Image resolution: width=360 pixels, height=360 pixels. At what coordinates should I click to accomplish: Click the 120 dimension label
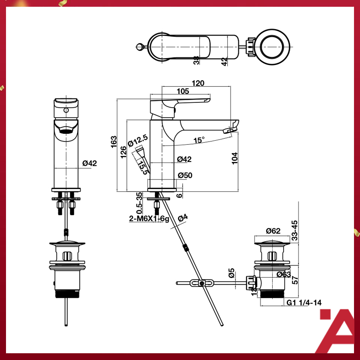click(x=198, y=83)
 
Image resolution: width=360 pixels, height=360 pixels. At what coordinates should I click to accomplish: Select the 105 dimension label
click(x=183, y=91)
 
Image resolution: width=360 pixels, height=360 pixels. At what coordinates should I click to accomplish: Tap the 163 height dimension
click(x=114, y=142)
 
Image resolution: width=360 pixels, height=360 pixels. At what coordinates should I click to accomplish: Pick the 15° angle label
click(x=199, y=140)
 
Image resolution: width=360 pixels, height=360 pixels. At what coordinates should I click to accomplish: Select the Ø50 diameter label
click(x=185, y=175)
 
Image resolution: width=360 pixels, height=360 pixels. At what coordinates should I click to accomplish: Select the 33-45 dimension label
click(x=295, y=230)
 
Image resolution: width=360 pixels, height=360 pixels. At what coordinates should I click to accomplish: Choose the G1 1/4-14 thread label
click(x=304, y=303)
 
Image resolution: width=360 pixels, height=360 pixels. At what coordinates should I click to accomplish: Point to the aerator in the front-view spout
click(x=66, y=131)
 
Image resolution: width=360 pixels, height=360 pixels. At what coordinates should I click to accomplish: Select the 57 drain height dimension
click(x=295, y=279)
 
